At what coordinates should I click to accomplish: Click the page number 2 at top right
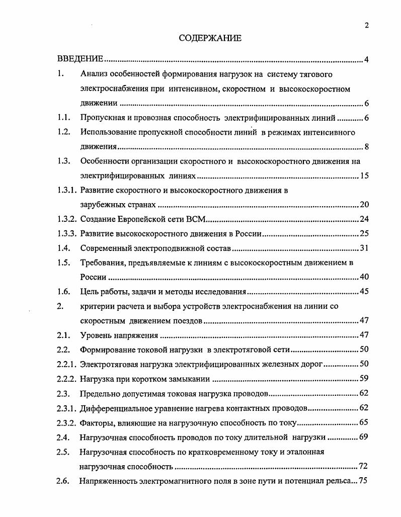point(367,26)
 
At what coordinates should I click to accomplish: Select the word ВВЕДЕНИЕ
point(80,60)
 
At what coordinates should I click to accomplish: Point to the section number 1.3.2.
point(67,220)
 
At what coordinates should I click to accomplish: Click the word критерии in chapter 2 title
point(97,306)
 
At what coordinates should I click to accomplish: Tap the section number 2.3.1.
point(67,408)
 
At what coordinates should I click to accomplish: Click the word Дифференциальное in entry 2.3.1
point(114,408)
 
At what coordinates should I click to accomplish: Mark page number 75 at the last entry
point(363,481)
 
